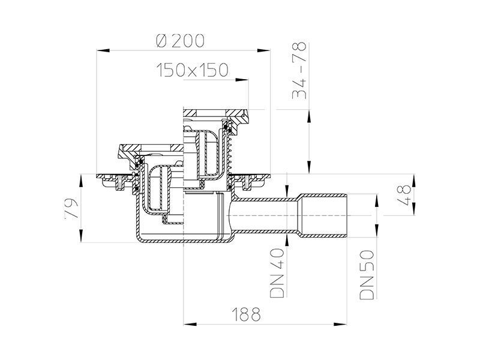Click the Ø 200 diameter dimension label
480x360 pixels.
click(179, 41)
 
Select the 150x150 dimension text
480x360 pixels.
click(192, 70)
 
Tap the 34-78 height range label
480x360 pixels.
click(299, 70)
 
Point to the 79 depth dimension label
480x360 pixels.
click(72, 209)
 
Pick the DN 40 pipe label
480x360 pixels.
click(277, 273)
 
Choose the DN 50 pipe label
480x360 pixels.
click(367, 275)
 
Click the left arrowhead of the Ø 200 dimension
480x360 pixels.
click(103, 50)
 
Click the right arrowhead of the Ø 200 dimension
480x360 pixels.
click(263, 50)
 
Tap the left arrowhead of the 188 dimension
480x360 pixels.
click(190, 324)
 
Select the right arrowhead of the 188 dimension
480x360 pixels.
click(340, 324)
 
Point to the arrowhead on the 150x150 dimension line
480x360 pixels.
click(242, 80)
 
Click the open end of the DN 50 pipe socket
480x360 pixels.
click(347, 215)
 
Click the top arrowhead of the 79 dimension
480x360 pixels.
click(81, 181)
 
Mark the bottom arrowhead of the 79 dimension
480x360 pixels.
click(81, 236)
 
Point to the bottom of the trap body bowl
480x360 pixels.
click(184, 241)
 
